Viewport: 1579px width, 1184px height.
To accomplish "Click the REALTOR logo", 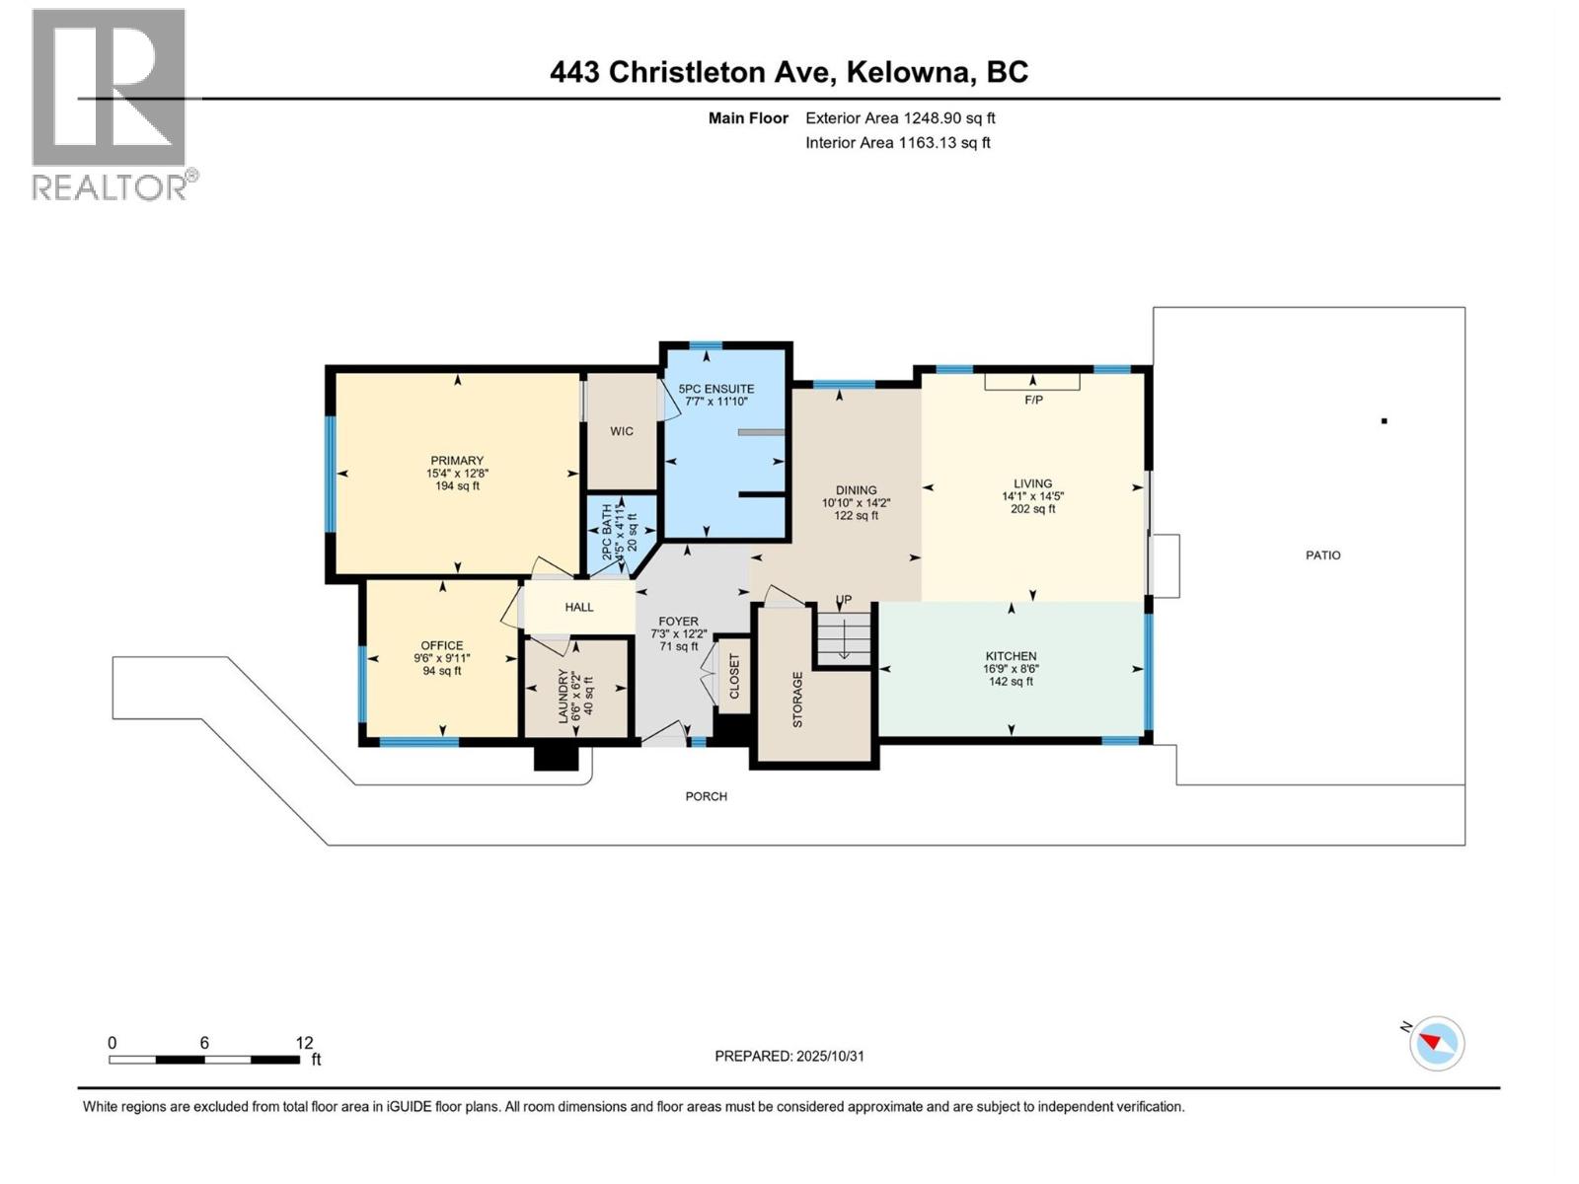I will point(111,104).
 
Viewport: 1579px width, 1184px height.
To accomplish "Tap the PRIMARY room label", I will point(457,461).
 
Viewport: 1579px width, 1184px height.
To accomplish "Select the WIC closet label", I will point(622,431).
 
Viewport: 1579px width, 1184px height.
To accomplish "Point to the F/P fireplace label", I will point(1033,400).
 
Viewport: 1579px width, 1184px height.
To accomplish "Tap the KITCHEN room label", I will point(1011,656).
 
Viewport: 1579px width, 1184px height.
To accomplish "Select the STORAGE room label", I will point(797,700).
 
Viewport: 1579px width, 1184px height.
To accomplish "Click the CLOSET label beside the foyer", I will point(734,677).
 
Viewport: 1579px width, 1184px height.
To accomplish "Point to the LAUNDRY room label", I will point(564,698).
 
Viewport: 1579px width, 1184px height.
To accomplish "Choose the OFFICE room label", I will point(442,645).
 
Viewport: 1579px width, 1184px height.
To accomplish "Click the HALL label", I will point(579,607).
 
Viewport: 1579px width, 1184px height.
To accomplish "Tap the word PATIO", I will point(1322,555).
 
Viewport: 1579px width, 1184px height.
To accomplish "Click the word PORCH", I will point(707,796).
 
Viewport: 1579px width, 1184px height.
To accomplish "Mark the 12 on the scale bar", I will point(304,1043).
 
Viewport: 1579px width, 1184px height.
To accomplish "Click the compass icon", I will point(1437,1043).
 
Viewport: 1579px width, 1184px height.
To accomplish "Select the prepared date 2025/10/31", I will point(829,1056).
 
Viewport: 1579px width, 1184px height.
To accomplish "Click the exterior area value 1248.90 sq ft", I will point(948,118).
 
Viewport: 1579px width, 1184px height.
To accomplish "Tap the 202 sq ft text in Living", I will point(1033,509).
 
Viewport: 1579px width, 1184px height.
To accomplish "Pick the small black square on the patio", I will point(1385,421).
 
